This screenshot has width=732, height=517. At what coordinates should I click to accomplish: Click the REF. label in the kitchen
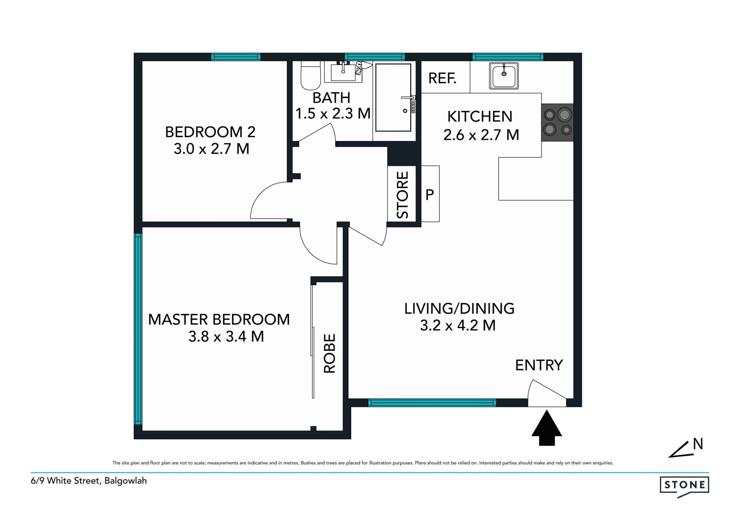(x=442, y=78)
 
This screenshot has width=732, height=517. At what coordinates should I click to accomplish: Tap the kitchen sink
(x=504, y=76)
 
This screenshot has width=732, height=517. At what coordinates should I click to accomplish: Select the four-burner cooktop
(x=557, y=122)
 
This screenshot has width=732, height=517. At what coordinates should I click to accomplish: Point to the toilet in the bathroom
(x=311, y=75)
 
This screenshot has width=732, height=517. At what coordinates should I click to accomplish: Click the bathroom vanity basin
(x=343, y=72)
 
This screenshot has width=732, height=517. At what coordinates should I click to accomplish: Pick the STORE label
(x=403, y=195)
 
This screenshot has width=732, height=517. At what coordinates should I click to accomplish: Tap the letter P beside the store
(x=430, y=195)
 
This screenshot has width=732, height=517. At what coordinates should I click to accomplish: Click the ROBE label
(x=329, y=353)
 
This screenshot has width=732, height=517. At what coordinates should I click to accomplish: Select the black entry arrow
(x=547, y=427)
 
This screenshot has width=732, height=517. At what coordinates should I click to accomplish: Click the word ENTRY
(x=539, y=365)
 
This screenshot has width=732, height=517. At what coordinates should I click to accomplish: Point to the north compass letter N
(x=698, y=444)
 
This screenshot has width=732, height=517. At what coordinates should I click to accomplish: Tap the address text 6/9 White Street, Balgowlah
(x=89, y=481)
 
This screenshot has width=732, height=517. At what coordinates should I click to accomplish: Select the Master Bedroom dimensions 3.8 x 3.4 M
(x=226, y=336)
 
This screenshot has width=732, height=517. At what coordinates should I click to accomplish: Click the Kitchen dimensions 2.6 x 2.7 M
(x=481, y=135)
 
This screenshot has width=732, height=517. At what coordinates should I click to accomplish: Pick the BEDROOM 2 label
(x=210, y=132)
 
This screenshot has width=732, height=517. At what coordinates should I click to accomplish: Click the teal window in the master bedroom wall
(x=138, y=329)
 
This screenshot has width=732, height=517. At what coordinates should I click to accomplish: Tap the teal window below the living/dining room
(x=432, y=403)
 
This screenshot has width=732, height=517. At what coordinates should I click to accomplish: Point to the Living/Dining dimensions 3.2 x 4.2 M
(x=458, y=325)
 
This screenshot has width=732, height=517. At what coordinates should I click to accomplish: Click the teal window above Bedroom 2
(x=236, y=57)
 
